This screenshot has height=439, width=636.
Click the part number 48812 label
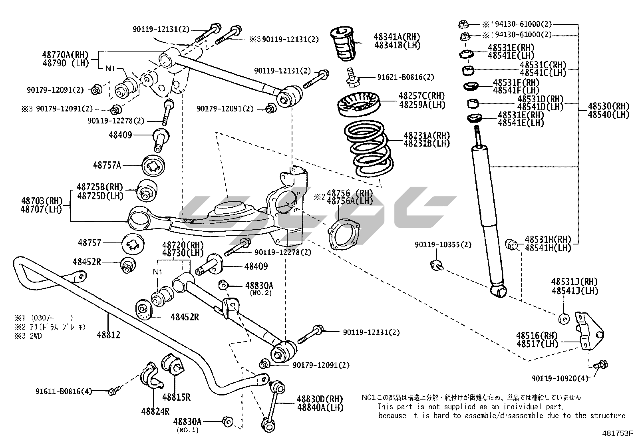click(108, 335)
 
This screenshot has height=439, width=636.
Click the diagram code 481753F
click(618, 433)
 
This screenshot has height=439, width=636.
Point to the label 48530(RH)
click(608, 107)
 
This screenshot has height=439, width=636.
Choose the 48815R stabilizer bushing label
click(176, 397)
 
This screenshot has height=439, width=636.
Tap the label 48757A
click(107, 165)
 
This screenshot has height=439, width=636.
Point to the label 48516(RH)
click(537, 336)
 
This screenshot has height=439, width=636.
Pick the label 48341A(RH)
click(397, 37)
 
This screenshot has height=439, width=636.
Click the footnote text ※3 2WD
click(28, 336)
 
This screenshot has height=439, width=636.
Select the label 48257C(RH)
click(421, 96)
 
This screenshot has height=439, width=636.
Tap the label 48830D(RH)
click(320, 399)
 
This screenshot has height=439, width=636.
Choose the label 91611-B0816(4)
click(64, 391)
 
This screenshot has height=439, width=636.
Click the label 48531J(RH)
click(574, 282)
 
